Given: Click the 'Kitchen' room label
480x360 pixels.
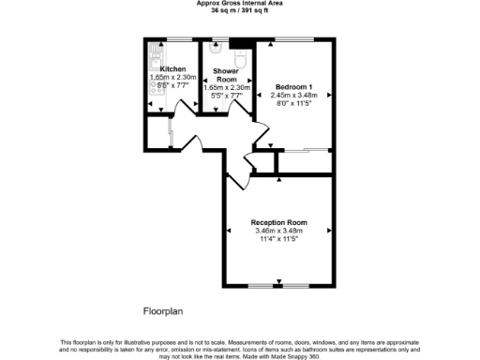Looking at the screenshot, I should click(x=172, y=69).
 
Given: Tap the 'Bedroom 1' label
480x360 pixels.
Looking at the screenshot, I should click(x=292, y=86).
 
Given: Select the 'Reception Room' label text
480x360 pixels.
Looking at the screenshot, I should click(x=278, y=222).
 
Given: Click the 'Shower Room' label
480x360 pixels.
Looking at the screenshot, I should click(x=224, y=74).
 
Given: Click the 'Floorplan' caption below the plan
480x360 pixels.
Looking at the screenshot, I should click(x=163, y=309).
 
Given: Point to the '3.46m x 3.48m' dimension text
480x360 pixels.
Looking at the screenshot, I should click(x=278, y=231).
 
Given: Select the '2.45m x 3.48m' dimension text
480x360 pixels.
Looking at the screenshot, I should click(x=293, y=95).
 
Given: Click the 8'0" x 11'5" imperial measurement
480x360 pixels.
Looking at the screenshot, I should click(x=293, y=103).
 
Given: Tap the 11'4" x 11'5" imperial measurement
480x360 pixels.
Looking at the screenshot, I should click(x=278, y=239).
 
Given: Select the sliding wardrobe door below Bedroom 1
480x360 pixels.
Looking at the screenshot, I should click(x=307, y=150).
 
